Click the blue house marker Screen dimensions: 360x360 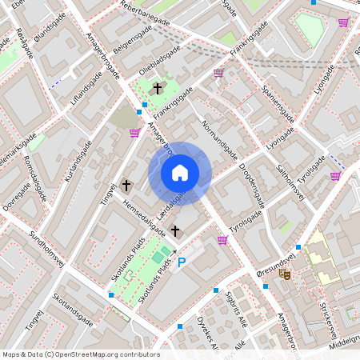tap(180, 173)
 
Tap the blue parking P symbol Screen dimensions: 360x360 tap(182, 261)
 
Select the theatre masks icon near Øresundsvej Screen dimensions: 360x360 tap(285, 273)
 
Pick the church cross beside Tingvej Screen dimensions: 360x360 tap(126, 185)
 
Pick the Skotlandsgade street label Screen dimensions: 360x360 tap(73, 309)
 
